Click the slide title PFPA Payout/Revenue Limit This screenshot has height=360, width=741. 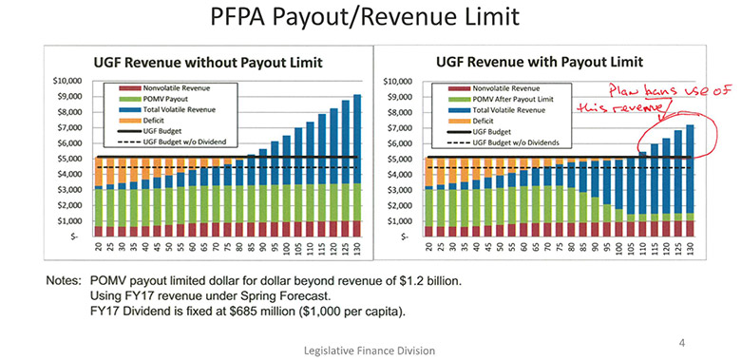(370, 19)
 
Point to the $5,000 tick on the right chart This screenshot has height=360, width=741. (396, 158)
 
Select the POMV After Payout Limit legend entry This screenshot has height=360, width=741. (512, 97)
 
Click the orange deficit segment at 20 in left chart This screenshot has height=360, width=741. (99, 171)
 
